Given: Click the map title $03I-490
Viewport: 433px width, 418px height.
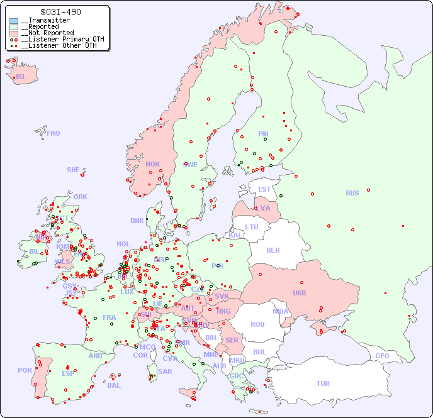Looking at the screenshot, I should (60, 12).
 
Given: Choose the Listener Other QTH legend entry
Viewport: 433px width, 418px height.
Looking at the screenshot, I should (59, 45).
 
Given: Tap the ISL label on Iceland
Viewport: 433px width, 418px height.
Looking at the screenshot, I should (21, 77).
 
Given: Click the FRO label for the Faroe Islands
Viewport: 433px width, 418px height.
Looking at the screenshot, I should (53, 133).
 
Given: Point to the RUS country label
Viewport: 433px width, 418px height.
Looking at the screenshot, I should (352, 193).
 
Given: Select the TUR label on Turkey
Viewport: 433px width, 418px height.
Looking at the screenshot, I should (323, 383).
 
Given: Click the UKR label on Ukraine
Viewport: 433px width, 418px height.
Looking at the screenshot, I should (300, 293).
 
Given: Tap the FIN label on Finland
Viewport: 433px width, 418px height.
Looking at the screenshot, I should (263, 134).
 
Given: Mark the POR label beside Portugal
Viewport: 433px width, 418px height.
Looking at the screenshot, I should (25, 370).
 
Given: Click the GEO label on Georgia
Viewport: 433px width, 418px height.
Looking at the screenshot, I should (382, 356).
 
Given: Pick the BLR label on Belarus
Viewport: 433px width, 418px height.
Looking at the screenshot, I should (273, 250).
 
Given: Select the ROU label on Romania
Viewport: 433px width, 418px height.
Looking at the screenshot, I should (257, 324).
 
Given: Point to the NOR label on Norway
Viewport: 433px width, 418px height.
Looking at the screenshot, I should (152, 164).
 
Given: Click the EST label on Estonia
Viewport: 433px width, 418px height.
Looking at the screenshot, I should (264, 189).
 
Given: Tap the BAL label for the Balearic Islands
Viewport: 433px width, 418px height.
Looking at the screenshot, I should (113, 385).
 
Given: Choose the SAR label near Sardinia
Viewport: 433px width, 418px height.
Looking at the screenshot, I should (165, 371).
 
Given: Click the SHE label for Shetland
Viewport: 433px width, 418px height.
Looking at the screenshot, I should (74, 170).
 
